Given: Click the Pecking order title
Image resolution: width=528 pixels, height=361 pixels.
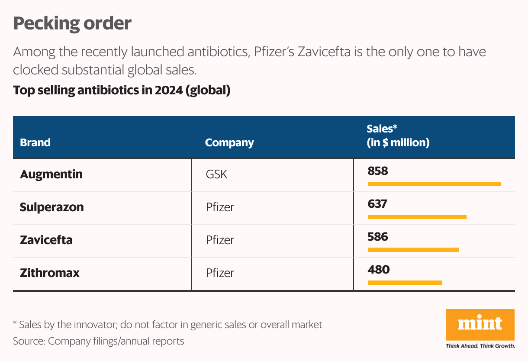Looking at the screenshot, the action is point(72,24).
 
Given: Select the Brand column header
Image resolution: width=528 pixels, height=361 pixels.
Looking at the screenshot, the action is point(35,142).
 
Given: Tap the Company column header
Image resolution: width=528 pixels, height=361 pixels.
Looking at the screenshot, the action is point(229,143).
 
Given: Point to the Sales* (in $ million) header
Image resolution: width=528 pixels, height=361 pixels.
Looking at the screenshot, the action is point(398,136).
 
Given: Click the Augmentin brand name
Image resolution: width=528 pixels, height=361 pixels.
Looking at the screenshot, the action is point(51,175).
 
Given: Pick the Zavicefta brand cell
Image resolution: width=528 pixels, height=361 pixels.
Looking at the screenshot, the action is point(46,240).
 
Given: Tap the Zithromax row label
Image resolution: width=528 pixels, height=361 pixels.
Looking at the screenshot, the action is point(50,273).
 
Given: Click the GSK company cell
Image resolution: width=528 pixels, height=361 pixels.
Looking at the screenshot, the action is point(216,174).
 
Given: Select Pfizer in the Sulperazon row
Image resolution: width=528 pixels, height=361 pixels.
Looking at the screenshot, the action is point(220,207).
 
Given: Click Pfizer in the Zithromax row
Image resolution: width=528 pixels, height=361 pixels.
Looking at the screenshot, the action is point(220,273).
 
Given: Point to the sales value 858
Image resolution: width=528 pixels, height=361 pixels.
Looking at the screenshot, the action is point(378,171).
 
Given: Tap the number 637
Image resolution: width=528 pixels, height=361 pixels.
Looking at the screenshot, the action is point(377,204).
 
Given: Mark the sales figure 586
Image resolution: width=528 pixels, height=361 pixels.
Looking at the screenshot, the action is point(378,237).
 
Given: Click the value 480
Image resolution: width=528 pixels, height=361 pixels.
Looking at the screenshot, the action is point(379,270).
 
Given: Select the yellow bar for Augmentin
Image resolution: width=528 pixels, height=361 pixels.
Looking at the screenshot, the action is point(435,184).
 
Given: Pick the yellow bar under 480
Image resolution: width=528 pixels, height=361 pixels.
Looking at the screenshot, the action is point(405,283).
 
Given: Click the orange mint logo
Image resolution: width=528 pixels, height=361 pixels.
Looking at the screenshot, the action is point(480,325).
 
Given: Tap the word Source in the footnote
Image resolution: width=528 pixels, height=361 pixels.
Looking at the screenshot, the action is point(28,341).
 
